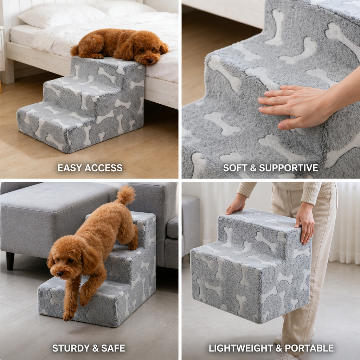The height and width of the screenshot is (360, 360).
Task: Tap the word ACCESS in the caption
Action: pos(104,168)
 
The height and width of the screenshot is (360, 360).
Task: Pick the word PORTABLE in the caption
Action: pos(309,348)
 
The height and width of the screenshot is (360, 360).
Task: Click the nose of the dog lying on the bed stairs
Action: pos(150,60)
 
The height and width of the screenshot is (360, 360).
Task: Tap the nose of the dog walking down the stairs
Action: pos(60,274)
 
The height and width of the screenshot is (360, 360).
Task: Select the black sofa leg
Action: pos(10,261)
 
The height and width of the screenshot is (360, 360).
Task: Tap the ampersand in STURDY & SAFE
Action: pos(95,348)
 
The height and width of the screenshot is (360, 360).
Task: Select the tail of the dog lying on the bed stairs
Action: pos(74,51)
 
